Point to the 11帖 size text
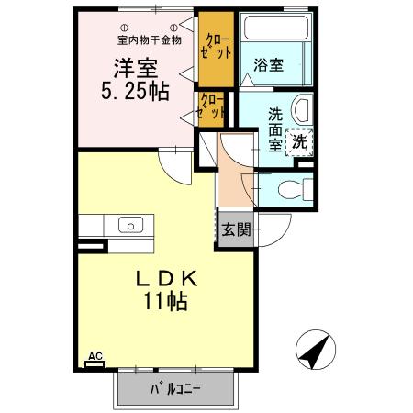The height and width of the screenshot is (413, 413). click(166, 302)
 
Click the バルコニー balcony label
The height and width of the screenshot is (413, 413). click(174, 387)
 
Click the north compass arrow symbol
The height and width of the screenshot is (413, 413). click(315, 348)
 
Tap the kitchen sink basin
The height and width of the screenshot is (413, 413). click(129, 224)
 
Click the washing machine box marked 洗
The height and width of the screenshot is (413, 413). click(299, 141)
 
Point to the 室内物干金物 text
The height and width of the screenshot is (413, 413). click(150, 39)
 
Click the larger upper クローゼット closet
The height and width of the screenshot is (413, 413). click(218, 50)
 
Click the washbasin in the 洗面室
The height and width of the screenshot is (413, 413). click(303, 112)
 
